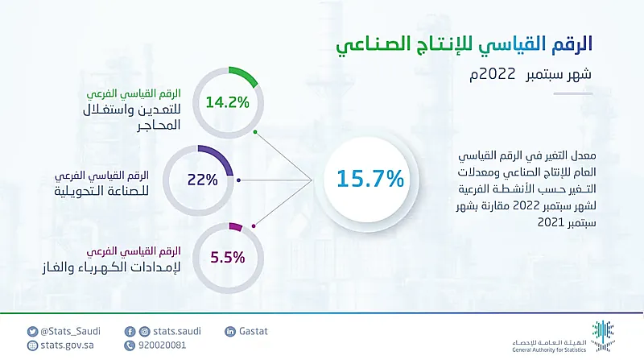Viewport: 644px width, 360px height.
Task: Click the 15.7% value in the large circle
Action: coord(370,179)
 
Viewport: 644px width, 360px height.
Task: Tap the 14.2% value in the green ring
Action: coord(227,102)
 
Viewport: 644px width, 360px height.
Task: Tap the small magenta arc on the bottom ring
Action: coord(235,228)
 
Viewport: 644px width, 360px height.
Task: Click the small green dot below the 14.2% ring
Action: coord(255,131)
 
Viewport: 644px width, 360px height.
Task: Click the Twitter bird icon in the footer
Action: coord(32,330)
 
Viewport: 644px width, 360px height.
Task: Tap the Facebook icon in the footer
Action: coord(130,330)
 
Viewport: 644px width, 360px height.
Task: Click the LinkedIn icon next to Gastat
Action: coord(231,330)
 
